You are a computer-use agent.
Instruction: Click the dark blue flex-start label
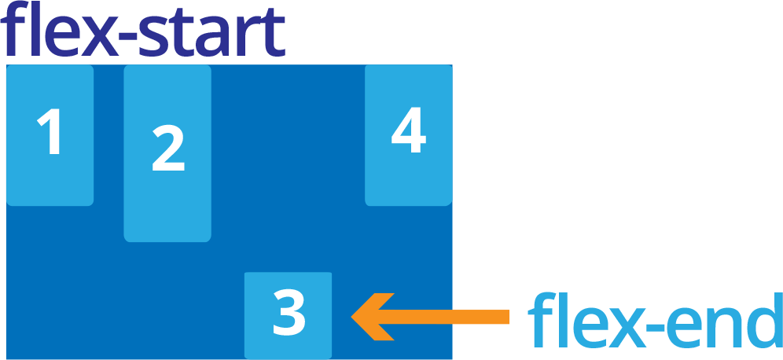145,33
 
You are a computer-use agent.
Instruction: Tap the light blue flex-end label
655,321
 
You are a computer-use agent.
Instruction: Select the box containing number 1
50,135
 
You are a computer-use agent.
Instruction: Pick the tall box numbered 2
167,153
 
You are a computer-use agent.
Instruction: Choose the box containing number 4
408,135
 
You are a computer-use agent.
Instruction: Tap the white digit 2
168,149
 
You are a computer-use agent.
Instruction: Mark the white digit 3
289,312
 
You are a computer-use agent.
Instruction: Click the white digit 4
409,132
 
